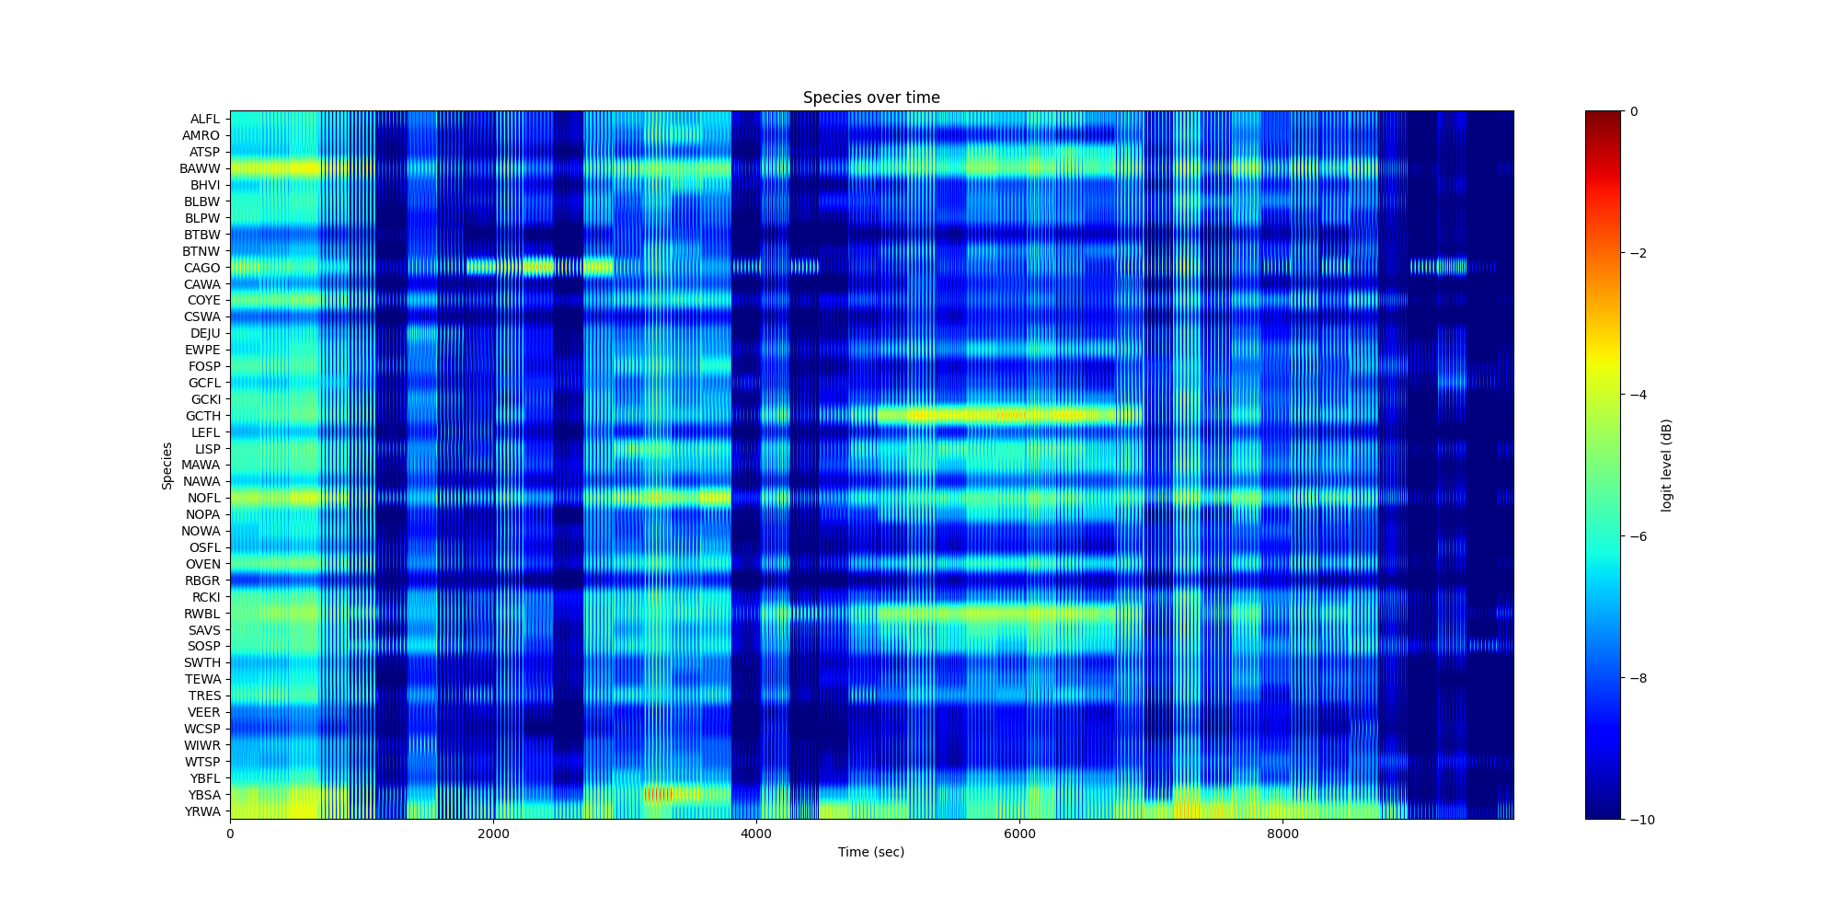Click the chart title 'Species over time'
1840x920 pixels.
point(871,98)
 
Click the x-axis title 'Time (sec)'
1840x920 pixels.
point(871,852)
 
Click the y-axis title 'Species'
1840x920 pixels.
point(167,466)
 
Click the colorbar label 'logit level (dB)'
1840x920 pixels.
point(1666,466)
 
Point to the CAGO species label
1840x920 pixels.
point(202,268)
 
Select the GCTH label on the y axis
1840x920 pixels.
point(203,416)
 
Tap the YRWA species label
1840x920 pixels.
point(202,811)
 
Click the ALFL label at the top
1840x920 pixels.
point(205,119)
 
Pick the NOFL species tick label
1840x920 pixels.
point(203,498)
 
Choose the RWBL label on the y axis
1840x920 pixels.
point(202,614)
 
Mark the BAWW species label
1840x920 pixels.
point(201,168)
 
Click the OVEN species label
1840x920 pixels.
point(203,564)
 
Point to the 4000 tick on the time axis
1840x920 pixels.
point(756,834)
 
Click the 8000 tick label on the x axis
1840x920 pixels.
point(1282,834)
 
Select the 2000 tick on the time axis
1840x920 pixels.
point(493,834)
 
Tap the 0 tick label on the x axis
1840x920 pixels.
point(230,834)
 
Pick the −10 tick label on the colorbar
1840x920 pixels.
point(1641,820)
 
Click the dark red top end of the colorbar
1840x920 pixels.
point(1603,114)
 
